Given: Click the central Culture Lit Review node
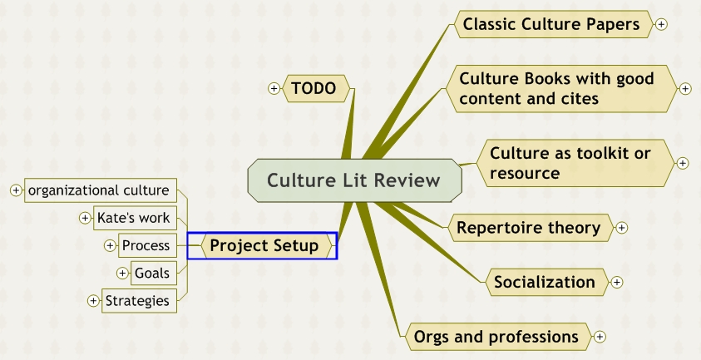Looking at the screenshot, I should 353,180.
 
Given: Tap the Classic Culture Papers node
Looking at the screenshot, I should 551,25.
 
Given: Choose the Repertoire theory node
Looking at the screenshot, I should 528,228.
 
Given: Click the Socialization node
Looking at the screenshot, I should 545,282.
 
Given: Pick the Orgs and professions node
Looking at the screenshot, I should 496,337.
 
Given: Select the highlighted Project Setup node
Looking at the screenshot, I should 264,245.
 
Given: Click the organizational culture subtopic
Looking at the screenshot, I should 99,190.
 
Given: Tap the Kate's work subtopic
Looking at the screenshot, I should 133,218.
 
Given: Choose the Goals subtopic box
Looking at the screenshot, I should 151,273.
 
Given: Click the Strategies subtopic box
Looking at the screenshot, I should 137,300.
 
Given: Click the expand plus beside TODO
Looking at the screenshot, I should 274,88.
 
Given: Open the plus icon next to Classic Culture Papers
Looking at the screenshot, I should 661,25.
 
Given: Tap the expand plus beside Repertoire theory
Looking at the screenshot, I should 621,228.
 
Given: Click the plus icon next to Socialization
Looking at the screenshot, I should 617,282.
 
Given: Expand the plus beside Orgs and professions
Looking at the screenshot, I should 600,337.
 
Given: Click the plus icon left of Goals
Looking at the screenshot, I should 122,273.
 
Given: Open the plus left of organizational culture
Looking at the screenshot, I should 15,190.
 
